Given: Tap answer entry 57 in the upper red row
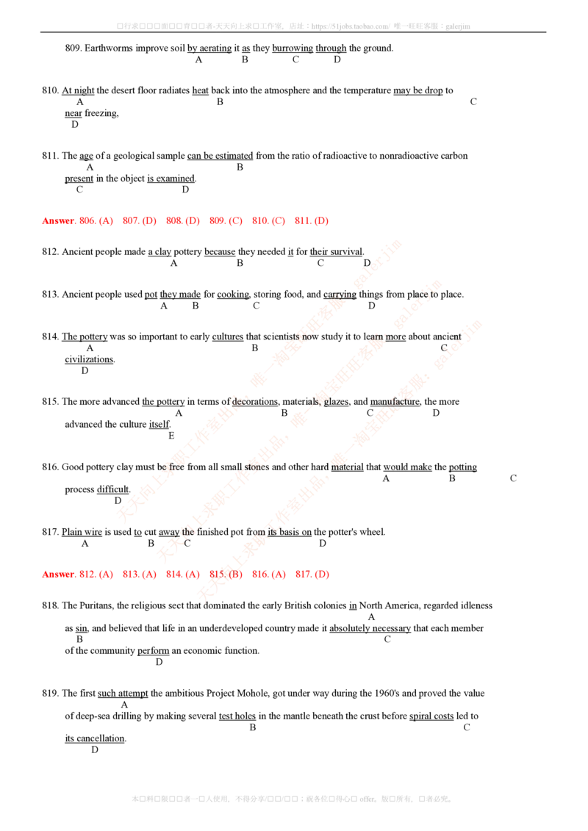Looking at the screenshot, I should tap(140, 220).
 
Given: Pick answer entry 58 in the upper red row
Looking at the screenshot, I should tap(182, 220).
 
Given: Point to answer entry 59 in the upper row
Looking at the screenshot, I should tap(225, 220).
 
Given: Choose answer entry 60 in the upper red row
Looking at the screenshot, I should tap(268, 220).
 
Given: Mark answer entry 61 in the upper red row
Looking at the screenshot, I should tap(311, 220).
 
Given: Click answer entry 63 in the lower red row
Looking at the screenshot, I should tap(140, 575).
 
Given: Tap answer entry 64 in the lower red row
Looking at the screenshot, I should tap(182, 575).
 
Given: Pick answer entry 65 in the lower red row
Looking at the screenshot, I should tap(225, 575).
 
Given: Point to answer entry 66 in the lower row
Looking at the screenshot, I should tap(268, 575).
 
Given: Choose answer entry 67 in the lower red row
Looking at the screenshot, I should tap(311, 575).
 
